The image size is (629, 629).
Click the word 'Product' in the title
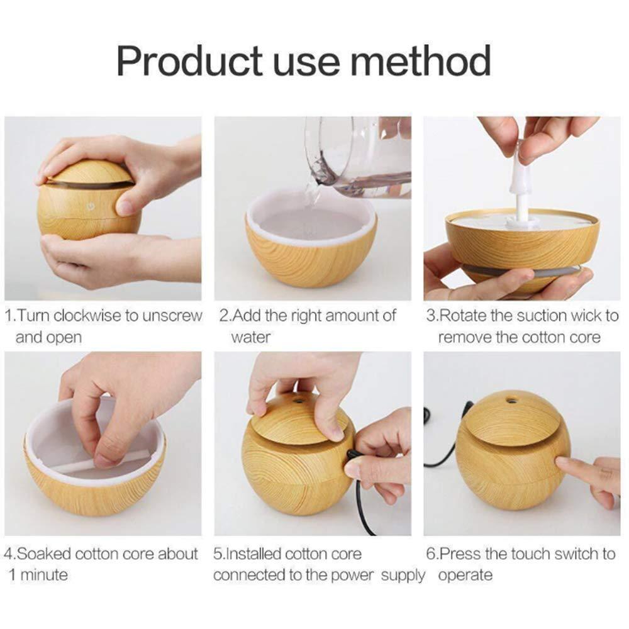point(189,62)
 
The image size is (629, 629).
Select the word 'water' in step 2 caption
point(250,338)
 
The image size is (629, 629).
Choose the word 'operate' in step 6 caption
point(465,575)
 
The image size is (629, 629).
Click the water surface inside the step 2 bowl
point(308,223)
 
